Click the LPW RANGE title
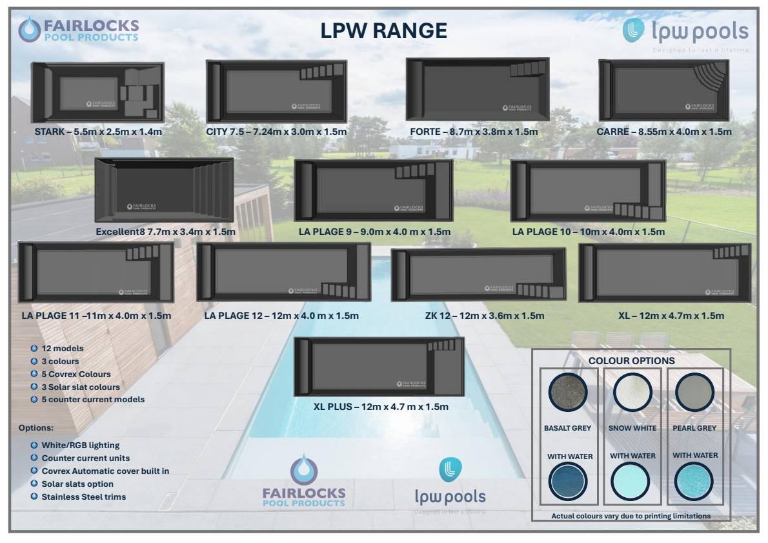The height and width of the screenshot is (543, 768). (x=383, y=30)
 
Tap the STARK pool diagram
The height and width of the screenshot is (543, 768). (x=97, y=92)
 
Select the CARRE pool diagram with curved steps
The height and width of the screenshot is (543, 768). (x=663, y=90)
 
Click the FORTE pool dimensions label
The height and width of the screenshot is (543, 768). (x=474, y=132)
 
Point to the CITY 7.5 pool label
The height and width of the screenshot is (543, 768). (x=276, y=132)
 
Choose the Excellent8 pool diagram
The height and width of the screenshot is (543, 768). (x=164, y=190)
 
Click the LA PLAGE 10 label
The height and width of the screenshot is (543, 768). (x=588, y=232)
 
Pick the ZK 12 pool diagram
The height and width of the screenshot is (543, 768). (x=478, y=274)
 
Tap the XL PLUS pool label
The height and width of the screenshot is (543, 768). (x=381, y=407)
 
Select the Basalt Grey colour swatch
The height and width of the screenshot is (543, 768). (x=568, y=392)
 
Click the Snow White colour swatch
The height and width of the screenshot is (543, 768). (x=632, y=392)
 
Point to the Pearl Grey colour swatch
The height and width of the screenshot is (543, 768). (x=694, y=392)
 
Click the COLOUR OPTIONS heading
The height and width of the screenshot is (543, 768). (x=631, y=361)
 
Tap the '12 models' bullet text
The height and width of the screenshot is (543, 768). (x=62, y=349)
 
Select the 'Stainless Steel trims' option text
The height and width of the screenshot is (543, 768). (x=84, y=497)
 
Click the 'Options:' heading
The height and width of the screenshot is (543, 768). (x=35, y=428)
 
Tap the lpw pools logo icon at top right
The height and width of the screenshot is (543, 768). (x=633, y=30)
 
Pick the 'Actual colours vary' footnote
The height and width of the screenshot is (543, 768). (x=631, y=516)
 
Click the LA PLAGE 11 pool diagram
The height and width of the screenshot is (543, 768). (x=96, y=272)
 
